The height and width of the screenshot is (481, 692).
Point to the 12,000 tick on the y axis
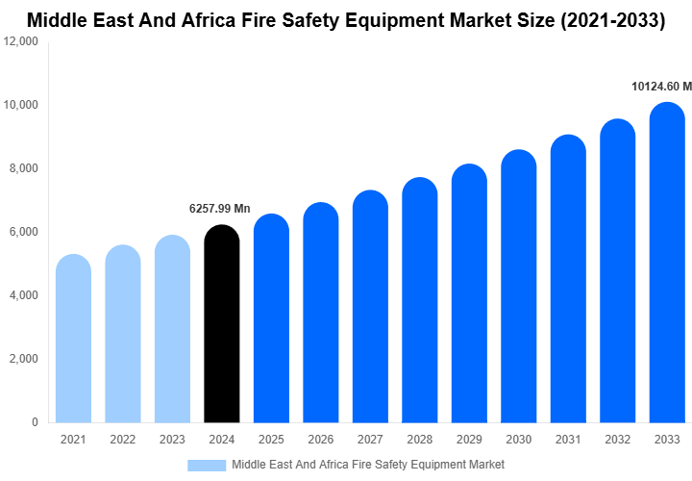tap(20, 41)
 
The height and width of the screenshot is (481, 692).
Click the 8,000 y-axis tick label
tap(23, 168)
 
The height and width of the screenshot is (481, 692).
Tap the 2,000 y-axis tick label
tap(23, 359)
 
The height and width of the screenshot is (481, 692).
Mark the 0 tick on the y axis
tap(35, 422)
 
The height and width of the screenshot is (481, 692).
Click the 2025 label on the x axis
tap(271, 440)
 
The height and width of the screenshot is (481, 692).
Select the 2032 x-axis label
tap(618, 440)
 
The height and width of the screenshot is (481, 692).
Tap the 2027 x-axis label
tap(370, 440)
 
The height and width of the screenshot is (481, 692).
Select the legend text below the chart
tap(368, 465)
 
